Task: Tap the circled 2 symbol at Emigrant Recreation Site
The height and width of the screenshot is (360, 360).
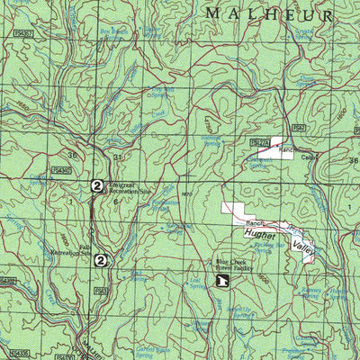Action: click(96, 185)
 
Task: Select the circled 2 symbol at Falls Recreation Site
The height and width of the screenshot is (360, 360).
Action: click(102, 260)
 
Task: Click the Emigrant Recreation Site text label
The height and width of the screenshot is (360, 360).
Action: click(129, 189)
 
